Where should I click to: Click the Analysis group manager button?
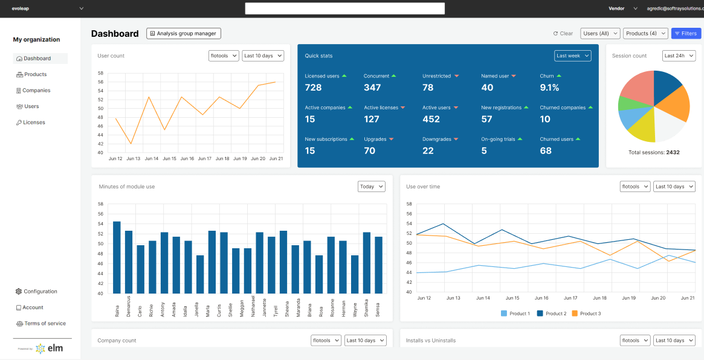(x=184, y=34)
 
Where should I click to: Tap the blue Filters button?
(x=686, y=34)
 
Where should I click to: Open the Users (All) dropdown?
(x=599, y=34)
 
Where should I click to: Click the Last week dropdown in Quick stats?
(x=572, y=56)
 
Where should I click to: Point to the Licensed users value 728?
(x=313, y=88)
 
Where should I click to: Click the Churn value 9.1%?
(x=549, y=88)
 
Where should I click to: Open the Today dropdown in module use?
(x=371, y=187)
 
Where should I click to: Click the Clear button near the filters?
(x=563, y=34)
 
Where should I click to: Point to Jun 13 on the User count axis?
(x=133, y=158)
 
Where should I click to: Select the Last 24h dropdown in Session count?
(x=679, y=56)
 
